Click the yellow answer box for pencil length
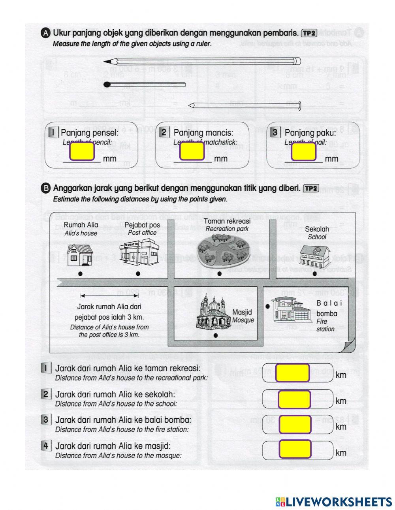tap(82, 152)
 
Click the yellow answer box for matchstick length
tap(192, 152)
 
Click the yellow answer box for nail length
tap(303, 152)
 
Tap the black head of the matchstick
tap(107, 84)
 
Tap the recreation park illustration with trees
tap(224, 249)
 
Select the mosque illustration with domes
tap(213, 312)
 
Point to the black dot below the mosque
tap(215, 335)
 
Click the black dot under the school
tap(314, 273)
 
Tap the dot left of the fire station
tap(267, 306)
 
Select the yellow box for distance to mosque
tap(294, 449)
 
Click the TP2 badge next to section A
tap(308, 33)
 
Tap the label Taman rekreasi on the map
tap(224, 222)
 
